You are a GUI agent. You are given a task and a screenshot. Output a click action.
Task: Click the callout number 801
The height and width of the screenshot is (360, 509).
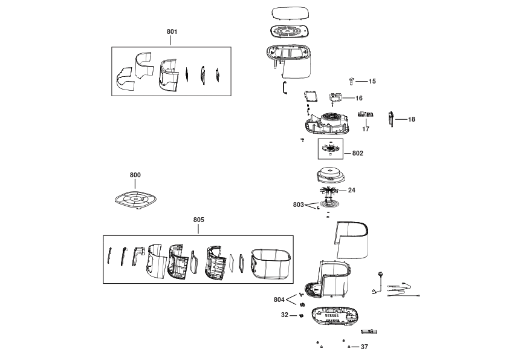pos(172,31)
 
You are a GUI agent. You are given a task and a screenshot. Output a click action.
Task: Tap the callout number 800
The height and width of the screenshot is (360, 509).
pos(135,175)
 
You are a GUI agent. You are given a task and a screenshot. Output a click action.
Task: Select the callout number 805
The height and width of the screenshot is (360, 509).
pos(199,220)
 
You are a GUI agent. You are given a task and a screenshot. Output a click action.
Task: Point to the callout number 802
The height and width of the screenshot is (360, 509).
pos(358,153)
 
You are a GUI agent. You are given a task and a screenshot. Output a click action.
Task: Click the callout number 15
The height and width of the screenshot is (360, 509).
pos(372,81)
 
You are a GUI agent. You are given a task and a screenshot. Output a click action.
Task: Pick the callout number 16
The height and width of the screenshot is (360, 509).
pos(359,98)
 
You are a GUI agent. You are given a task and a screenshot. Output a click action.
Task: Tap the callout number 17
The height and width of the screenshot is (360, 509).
pos(366,129)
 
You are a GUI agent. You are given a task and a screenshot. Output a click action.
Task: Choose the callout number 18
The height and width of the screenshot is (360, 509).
pos(412,119)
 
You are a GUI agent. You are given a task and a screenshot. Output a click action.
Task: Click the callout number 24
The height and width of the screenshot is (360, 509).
pos(352,190)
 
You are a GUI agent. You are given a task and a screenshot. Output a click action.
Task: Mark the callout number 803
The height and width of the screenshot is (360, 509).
pos(298,205)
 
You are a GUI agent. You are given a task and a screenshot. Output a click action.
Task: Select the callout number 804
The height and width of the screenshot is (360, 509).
pos(279,299)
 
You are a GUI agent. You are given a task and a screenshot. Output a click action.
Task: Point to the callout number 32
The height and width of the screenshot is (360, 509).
pos(285,315)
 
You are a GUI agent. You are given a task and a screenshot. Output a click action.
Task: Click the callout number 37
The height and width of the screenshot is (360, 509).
pos(365,347)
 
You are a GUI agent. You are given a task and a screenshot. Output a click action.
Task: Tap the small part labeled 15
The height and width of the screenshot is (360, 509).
pos(351,81)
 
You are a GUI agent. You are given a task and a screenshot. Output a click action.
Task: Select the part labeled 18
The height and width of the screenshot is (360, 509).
pos(391,119)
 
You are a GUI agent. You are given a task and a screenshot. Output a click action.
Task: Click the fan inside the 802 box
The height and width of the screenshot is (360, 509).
pos(331,148)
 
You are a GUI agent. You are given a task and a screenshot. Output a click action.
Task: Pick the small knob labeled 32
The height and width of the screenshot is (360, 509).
pos(301,315)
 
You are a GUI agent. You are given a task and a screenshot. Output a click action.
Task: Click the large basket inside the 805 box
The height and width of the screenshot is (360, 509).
pos(271,264)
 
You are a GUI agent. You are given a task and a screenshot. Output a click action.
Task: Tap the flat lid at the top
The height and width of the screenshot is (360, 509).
pos(290,13)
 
